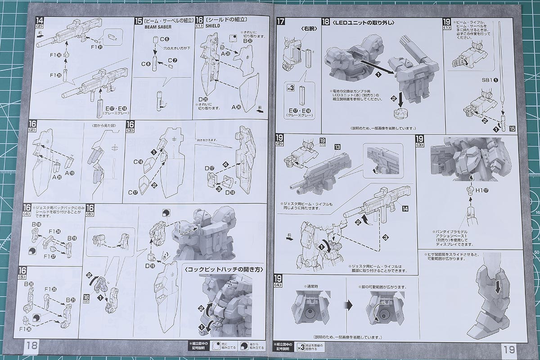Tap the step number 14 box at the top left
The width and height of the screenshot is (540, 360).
(x=40, y=21)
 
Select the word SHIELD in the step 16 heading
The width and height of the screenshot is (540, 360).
(x=212, y=26)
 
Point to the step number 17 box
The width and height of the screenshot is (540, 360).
(x=281, y=21)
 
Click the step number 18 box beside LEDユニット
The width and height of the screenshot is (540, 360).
(x=326, y=22)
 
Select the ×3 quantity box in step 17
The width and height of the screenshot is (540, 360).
(x=290, y=88)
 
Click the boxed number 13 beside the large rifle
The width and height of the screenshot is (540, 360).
(x=337, y=147)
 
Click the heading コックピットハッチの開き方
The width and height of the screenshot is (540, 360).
(x=223, y=269)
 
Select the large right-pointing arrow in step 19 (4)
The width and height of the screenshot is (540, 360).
(x=348, y=305)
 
